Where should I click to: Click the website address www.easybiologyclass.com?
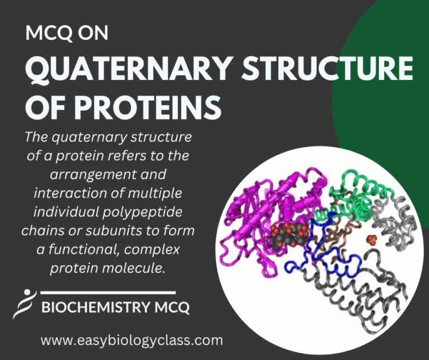[x=131, y=339]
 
